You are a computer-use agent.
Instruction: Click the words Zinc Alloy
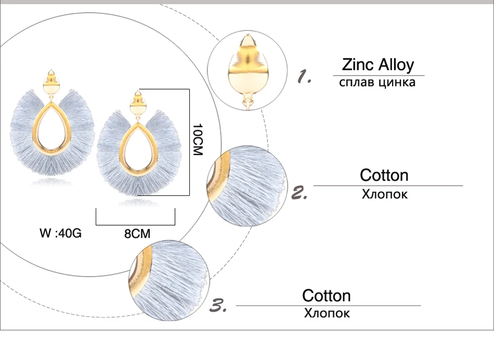pyautogui.click(x=378, y=65)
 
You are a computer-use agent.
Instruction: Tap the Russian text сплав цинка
pyautogui.click(x=377, y=82)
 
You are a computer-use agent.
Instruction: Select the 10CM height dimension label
pyautogui.click(x=198, y=139)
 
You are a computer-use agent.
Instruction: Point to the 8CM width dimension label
pyautogui.click(x=137, y=234)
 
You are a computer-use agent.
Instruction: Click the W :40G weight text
pyautogui.click(x=61, y=233)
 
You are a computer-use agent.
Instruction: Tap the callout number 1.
pyautogui.click(x=304, y=78)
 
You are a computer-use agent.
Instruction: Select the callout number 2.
pyautogui.click(x=299, y=193)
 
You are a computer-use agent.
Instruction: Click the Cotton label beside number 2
pyautogui.click(x=384, y=175)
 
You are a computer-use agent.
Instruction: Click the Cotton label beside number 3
pyautogui.click(x=326, y=296)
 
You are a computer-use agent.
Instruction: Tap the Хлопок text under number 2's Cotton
pyautogui.click(x=384, y=194)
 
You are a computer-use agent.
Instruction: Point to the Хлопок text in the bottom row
pyautogui.click(x=327, y=313)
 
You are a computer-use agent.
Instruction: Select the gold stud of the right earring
pyautogui.click(x=137, y=104)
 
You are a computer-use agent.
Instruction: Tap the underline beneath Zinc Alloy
pyautogui.click(x=378, y=76)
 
